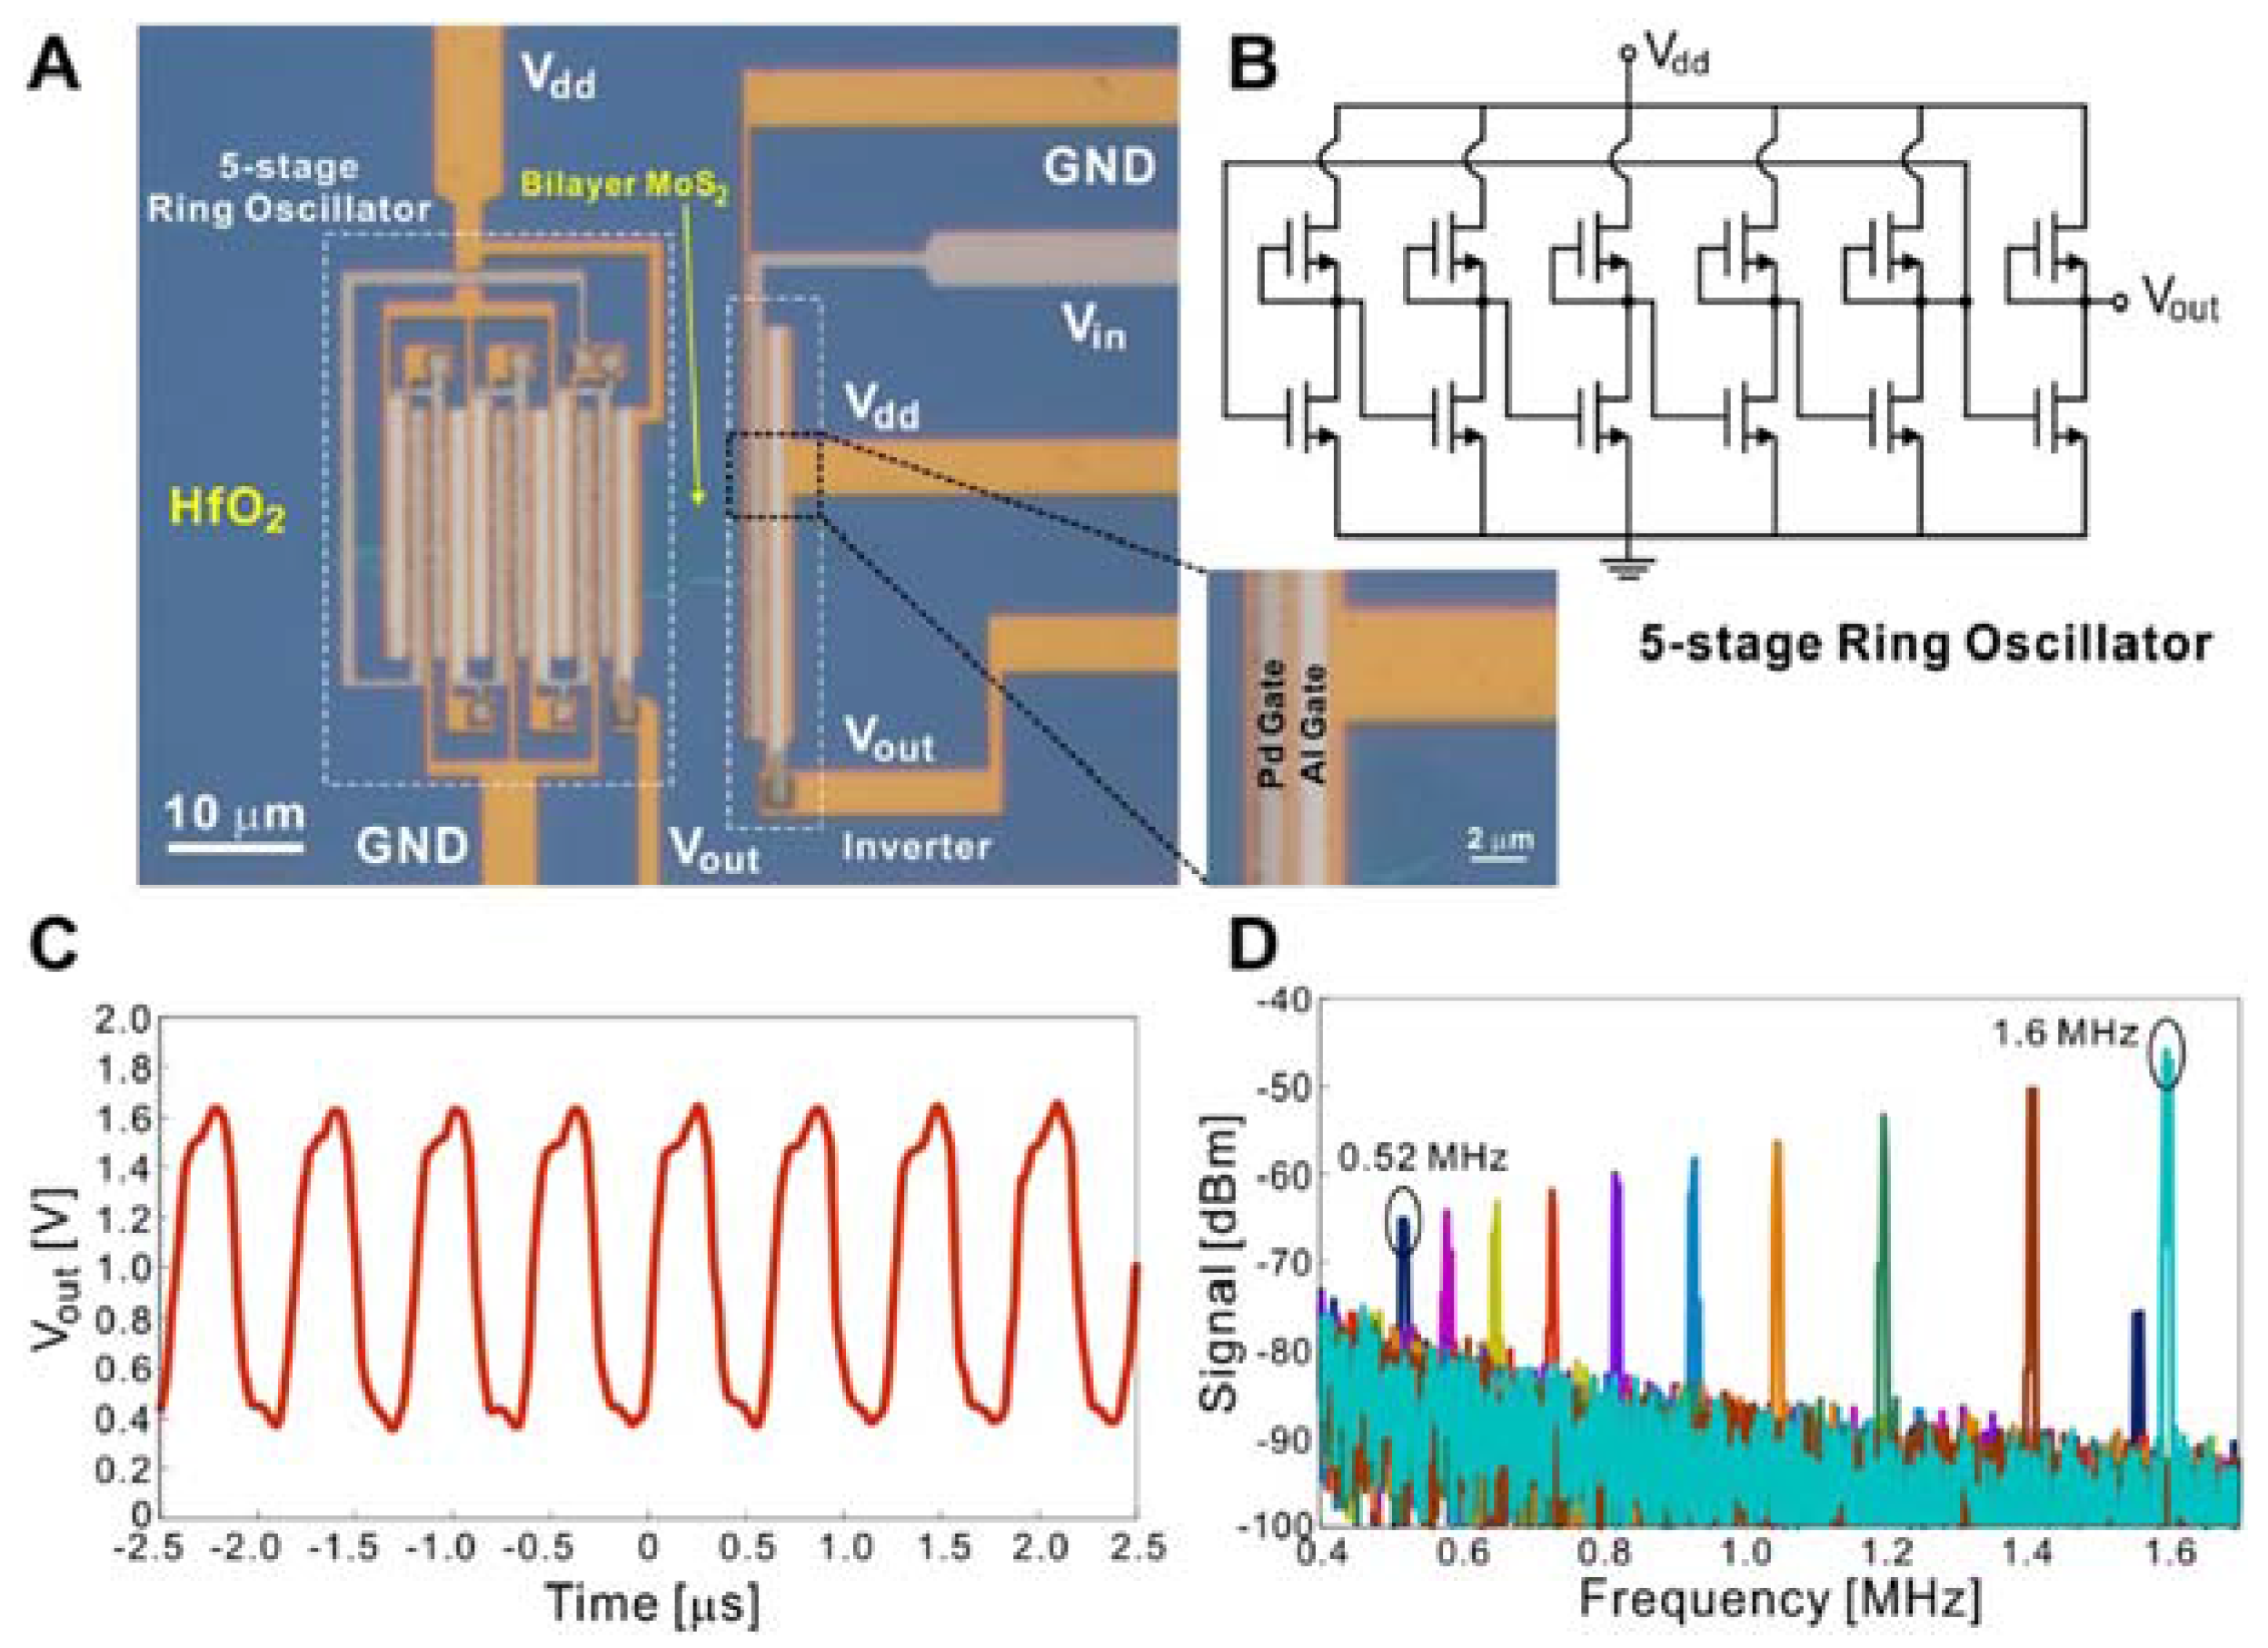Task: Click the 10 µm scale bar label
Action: click(235, 814)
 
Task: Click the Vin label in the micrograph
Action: click(1092, 326)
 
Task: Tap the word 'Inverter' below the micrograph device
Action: click(916, 848)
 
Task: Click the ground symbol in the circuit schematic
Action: click(1627, 568)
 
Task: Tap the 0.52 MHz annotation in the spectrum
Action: click(1423, 1158)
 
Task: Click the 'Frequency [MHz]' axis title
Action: click(1779, 1598)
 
